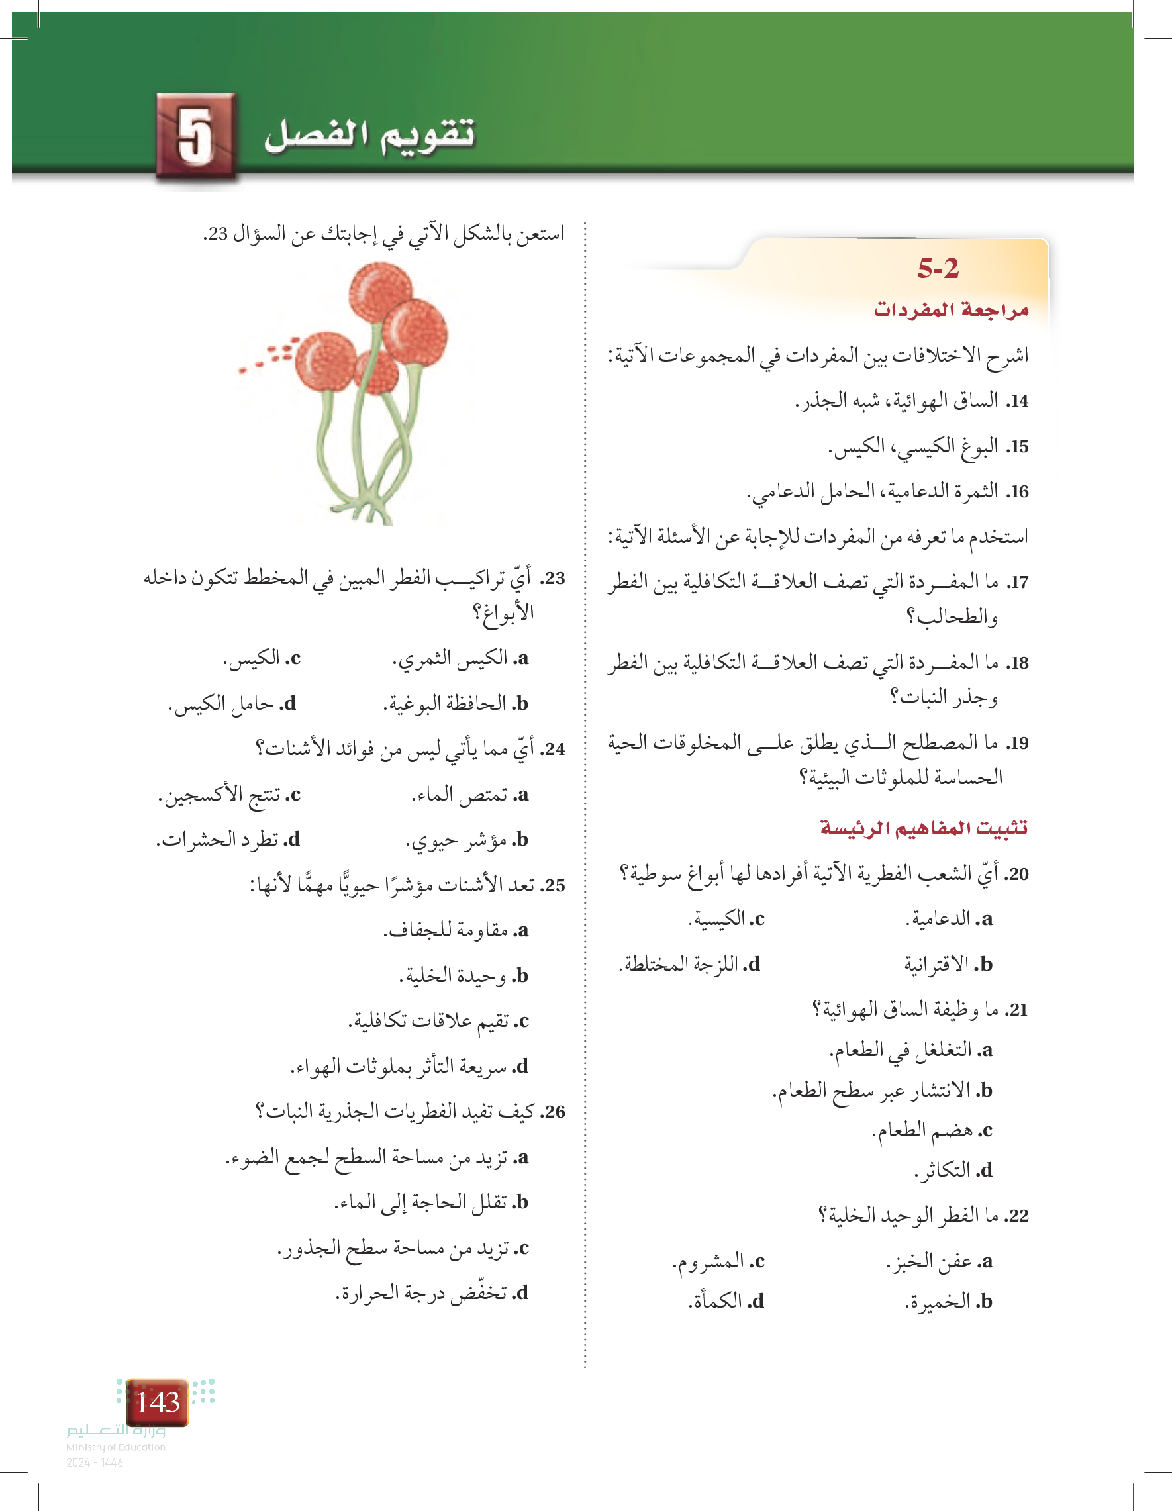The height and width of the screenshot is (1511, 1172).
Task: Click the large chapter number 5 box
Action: click(x=197, y=136)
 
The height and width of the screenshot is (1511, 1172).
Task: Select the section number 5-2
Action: click(x=938, y=268)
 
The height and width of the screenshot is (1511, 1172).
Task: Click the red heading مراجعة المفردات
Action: click(x=951, y=309)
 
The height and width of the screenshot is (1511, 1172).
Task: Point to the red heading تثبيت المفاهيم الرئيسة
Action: click(x=924, y=828)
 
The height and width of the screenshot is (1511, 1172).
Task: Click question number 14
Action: click(x=1018, y=401)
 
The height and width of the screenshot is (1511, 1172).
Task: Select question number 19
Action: click(x=1018, y=744)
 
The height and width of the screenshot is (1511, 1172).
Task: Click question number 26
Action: click(x=554, y=1112)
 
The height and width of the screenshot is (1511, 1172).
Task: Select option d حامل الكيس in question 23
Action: click(x=232, y=704)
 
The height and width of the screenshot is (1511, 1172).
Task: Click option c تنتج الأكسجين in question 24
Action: click(x=229, y=795)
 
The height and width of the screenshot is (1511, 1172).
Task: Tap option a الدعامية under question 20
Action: click(x=950, y=919)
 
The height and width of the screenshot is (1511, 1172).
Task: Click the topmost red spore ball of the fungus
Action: click(x=381, y=291)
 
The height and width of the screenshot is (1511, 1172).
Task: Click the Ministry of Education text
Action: click(x=115, y=1447)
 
